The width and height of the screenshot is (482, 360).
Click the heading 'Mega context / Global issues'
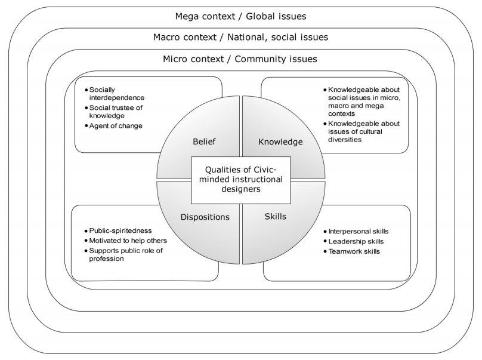240,16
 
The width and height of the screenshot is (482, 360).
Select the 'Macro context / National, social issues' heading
240,37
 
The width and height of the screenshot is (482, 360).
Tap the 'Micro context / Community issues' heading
240,59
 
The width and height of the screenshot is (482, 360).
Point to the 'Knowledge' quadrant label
280,141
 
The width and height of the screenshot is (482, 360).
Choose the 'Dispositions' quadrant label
205,217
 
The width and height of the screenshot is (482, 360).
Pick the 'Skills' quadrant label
275,216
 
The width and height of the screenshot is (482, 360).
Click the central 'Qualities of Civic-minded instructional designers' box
240,179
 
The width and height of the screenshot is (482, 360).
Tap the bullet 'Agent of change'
116,125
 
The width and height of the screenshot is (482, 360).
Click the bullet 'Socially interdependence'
116,93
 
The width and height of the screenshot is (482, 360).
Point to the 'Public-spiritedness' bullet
120,230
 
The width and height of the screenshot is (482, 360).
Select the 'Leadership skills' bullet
356,241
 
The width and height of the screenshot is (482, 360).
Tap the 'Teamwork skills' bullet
354,251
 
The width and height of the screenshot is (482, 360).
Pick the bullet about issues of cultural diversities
363,131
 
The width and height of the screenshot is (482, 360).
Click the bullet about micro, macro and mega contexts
363,101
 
